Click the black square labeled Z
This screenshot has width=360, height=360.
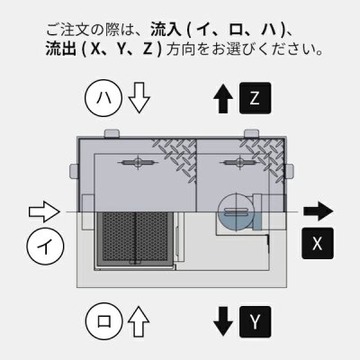click(x=256, y=97)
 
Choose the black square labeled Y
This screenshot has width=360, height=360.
click(x=256, y=320)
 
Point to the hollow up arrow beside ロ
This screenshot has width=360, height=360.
click(x=137, y=320)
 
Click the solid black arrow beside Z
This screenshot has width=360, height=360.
click(x=220, y=96)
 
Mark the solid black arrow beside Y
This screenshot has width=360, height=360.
click(x=222, y=320)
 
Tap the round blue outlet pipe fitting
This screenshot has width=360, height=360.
click(x=236, y=212)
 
